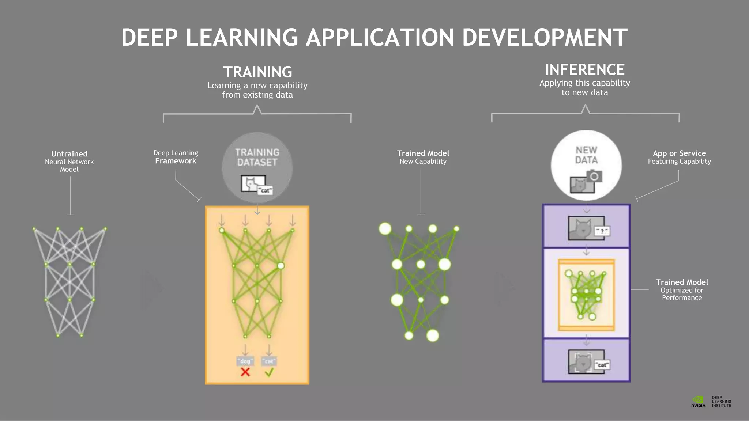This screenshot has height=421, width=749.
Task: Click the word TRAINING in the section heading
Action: pyautogui.click(x=257, y=72)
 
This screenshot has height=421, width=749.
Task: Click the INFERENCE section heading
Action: pyautogui.click(x=585, y=69)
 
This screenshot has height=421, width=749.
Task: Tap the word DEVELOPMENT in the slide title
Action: pyautogui.click(x=545, y=38)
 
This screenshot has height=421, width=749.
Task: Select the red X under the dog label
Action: pyautogui.click(x=245, y=372)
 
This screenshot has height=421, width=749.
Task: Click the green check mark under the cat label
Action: pyautogui.click(x=269, y=372)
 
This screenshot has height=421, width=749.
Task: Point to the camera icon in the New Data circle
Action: pyautogui.click(x=594, y=176)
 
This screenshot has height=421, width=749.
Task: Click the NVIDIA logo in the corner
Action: pyautogui.click(x=698, y=401)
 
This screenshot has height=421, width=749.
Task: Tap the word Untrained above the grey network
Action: pyautogui.click(x=69, y=154)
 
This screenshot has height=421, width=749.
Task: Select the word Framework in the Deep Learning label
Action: pyautogui.click(x=176, y=161)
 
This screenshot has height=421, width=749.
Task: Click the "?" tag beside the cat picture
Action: pyautogui.click(x=602, y=231)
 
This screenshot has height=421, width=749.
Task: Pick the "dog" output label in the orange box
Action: pyautogui.click(x=245, y=361)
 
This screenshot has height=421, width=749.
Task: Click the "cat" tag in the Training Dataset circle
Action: pyautogui.click(x=265, y=190)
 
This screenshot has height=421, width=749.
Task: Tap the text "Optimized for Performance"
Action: pyautogui.click(x=682, y=294)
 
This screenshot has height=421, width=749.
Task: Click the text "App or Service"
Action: pyautogui.click(x=679, y=153)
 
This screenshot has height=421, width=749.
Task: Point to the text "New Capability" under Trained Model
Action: pyautogui.click(x=423, y=161)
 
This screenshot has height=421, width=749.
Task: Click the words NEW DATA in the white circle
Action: pyautogui.click(x=586, y=155)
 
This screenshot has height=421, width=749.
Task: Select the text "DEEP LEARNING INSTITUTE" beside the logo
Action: pyautogui.click(x=721, y=401)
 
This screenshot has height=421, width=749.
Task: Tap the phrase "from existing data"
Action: pyautogui.click(x=257, y=95)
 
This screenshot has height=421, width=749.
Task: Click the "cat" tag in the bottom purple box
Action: pyautogui.click(x=602, y=365)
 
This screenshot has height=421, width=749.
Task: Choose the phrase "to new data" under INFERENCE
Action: pyautogui.click(x=585, y=92)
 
